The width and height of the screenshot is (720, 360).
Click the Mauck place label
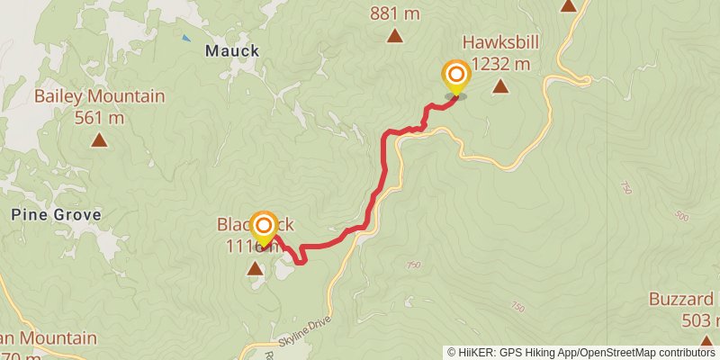pos(232,50)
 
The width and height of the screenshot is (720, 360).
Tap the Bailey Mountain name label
pos(100,96)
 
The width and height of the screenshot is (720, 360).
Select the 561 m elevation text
pos(99,116)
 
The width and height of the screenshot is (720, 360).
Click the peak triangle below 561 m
pos(99,139)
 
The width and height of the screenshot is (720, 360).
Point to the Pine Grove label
pos(56,215)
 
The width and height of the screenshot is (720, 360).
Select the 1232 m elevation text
pos(499,64)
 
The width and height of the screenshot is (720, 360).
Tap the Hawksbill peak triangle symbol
pos(499,87)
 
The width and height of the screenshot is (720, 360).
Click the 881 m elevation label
pos(394,13)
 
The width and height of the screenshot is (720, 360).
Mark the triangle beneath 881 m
pos(394,36)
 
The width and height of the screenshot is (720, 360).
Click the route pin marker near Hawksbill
pos(456,76)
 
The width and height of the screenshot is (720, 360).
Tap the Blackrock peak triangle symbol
pos(256,267)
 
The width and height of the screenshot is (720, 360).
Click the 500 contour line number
pos(682,217)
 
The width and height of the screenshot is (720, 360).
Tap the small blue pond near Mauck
pos(186,38)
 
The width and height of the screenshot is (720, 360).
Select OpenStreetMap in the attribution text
pos(623,353)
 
